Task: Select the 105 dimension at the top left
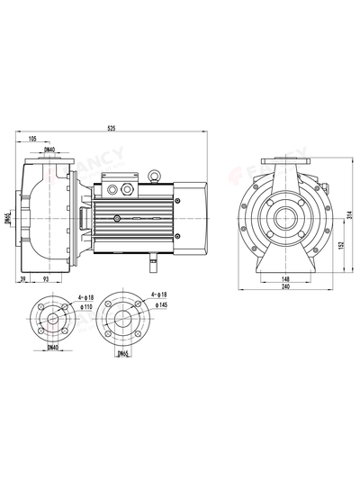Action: pos(32,139)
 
